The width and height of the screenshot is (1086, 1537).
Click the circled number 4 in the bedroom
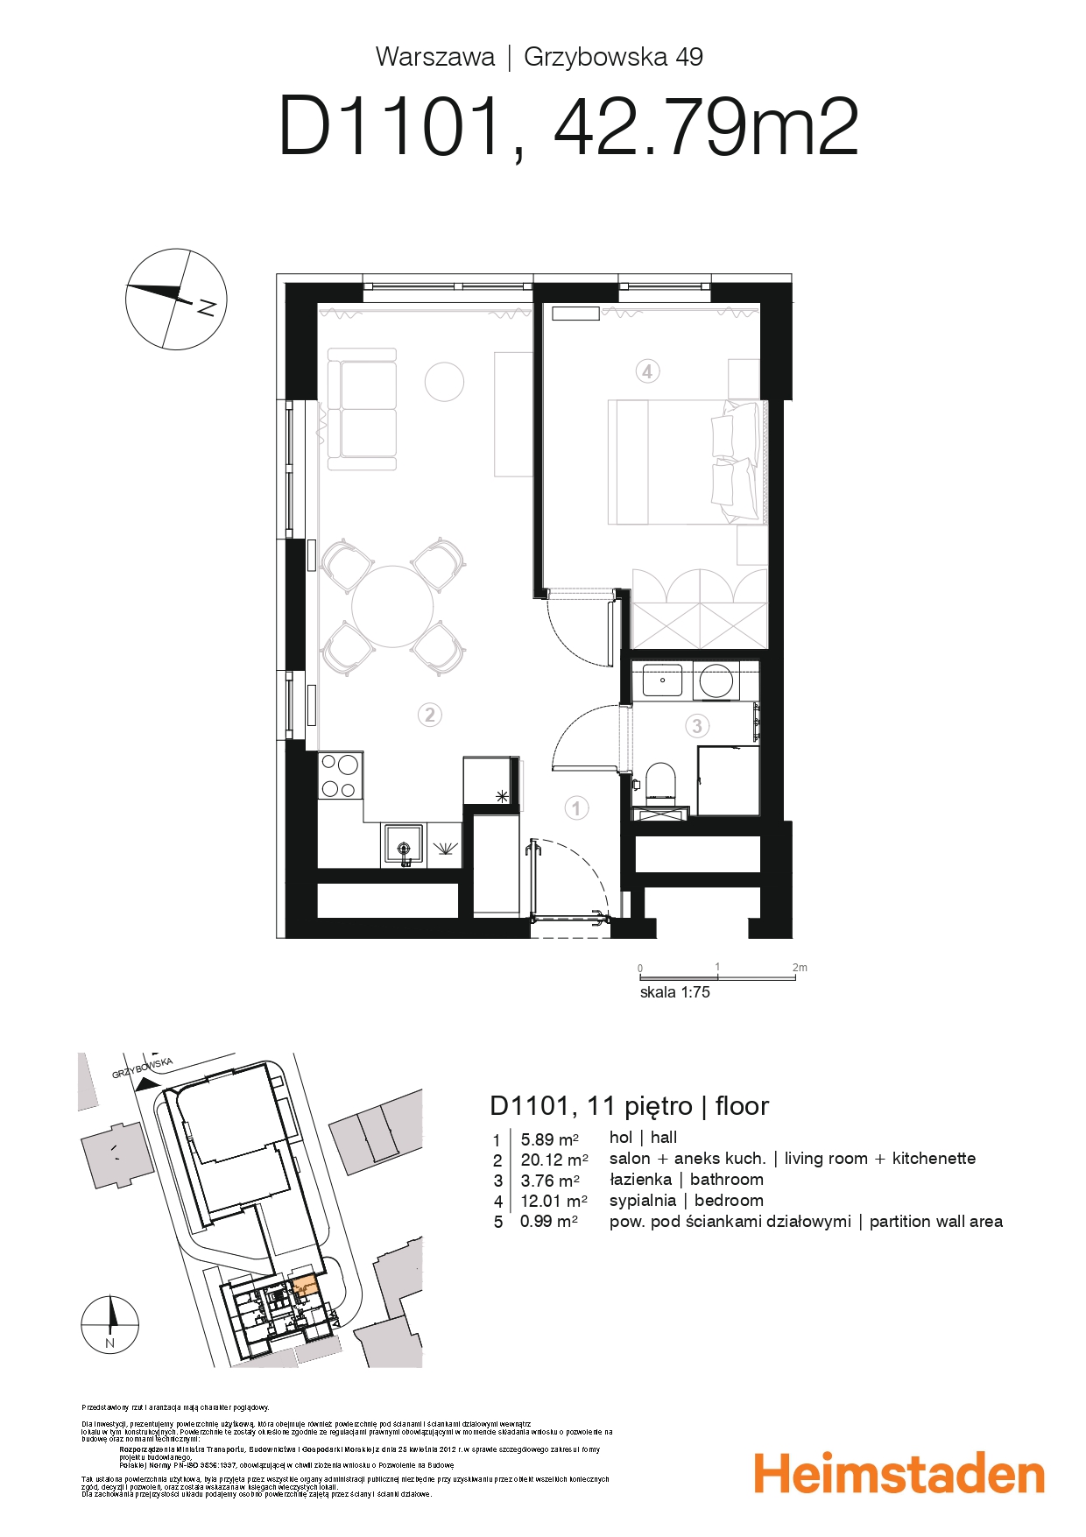pyautogui.click(x=646, y=371)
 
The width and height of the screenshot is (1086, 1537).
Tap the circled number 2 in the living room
pyautogui.click(x=429, y=715)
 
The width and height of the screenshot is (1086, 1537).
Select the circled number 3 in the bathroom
pyautogui.click(x=697, y=725)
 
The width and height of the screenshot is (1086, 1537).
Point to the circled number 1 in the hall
pyautogui.click(x=575, y=807)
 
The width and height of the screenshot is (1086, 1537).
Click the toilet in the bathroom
pyautogui.click(x=660, y=781)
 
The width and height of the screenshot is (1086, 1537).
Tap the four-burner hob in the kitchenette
pyautogui.click(x=340, y=775)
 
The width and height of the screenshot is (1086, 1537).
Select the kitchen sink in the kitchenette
pyautogui.click(x=403, y=846)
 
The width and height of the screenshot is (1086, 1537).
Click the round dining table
pyautogui.click(x=392, y=607)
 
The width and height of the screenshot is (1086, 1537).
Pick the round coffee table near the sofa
pyautogui.click(x=444, y=382)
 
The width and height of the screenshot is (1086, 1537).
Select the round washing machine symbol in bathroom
pyautogui.click(x=716, y=681)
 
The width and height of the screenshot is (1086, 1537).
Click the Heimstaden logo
pyautogui.click(x=899, y=1473)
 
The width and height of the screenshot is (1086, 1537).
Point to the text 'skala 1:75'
pyautogui.click(x=674, y=992)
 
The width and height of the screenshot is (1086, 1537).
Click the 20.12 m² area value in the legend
pyautogui.click(x=554, y=1160)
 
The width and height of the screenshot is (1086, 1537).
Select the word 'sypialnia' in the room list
pyautogui.click(x=643, y=1201)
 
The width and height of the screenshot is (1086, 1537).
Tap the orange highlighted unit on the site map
pyautogui.click(x=302, y=1287)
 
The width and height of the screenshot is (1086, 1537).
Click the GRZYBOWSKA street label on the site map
pyautogui.click(x=143, y=1068)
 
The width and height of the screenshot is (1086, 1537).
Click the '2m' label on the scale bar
pyautogui.click(x=799, y=968)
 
